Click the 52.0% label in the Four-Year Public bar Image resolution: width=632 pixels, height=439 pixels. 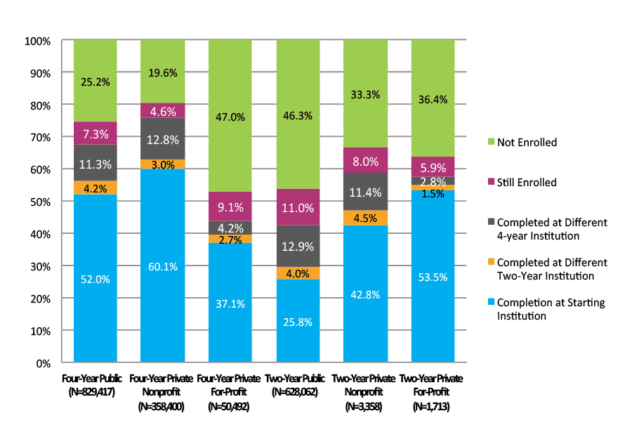click(x=96, y=279)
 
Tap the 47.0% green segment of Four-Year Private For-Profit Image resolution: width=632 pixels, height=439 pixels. click(x=230, y=116)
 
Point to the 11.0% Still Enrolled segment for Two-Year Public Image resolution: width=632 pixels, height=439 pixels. click(x=298, y=207)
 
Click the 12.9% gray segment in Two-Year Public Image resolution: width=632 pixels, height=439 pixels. click(x=298, y=246)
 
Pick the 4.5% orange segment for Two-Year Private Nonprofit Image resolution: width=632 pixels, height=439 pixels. click(x=365, y=218)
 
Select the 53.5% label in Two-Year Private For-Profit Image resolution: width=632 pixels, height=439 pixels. click(x=433, y=276)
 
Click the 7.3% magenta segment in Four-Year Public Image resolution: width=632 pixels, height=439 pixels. click(x=96, y=133)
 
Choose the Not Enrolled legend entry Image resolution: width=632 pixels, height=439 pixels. click(x=526, y=143)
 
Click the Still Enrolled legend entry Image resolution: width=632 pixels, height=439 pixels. click(x=526, y=183)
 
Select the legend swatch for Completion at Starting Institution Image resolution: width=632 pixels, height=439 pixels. click(x=492, y=303)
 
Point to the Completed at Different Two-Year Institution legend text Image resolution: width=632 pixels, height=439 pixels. click(x=552, y=269)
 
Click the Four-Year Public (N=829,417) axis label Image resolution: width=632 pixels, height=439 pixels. click(x=96, y=385)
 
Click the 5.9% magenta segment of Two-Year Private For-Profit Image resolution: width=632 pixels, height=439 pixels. click(x=433, y=166)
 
